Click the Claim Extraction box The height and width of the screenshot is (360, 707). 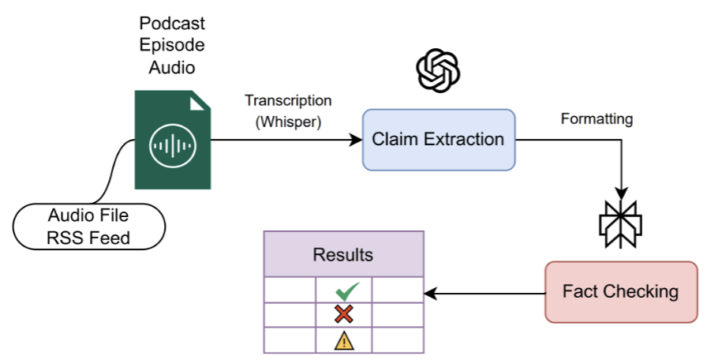(x=438, y=140)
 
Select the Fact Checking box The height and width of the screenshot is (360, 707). (x=620, y=291)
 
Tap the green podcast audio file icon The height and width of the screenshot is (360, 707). (x=173, y=140)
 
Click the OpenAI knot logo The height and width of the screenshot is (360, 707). (x=437, y=70)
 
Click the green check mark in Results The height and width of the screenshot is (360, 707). (x=343, y=290)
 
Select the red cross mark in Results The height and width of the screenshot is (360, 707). (x=343, y=315)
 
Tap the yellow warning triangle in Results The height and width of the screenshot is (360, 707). (x=343, y=340)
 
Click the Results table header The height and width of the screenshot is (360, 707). (x=343, y=255)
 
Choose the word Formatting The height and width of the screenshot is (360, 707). (x=597, y=120)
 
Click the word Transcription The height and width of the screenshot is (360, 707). (x=288, y=100)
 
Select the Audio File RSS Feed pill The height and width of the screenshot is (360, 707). (x=88, y=226)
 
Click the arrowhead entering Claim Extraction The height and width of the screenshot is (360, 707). (x=356, y=141)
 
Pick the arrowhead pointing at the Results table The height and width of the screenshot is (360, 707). (x=431, y=293)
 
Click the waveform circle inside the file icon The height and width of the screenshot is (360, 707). (x=172, y=145)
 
